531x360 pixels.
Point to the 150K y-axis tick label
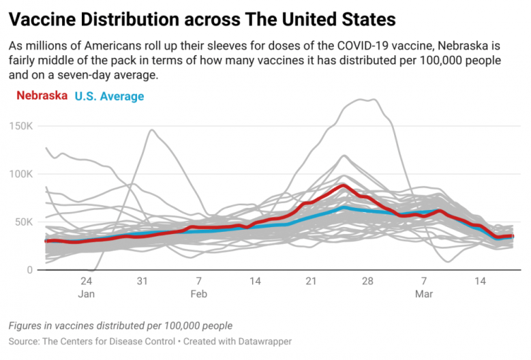[20, 125]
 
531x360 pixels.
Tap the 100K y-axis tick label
[20, 174]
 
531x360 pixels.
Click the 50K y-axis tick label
[23, 222]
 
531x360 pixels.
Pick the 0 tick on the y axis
[29, 270]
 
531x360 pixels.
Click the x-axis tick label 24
[86, 281]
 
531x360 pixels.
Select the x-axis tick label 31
[142, 281]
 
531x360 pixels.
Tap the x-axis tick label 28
[367, 281]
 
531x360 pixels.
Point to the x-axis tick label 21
[311, 281]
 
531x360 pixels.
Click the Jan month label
[86, 294]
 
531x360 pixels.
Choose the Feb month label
[198, 294]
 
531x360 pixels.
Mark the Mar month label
[424, 294]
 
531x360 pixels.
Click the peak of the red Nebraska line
[344, 185]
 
